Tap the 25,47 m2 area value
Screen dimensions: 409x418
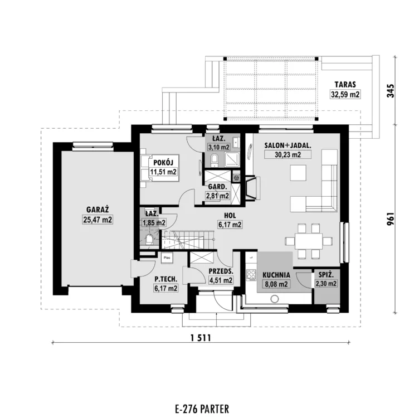click(98, 220)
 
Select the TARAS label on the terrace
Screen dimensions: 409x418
click(345, 85)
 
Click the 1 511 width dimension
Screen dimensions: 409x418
click(201, 338)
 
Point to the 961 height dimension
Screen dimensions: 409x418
click(391, 218)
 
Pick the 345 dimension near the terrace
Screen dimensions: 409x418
click(391, 91)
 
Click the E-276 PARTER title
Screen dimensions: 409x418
click(202, 409)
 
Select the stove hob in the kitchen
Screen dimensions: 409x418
click(251, 275)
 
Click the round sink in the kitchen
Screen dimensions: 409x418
click(275, 299)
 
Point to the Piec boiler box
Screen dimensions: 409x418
click(167, 258)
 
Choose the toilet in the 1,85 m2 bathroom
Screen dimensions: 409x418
click(149, 239)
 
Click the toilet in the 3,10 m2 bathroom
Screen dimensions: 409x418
click(215, 160)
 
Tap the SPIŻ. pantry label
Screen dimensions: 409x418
click(325, 274)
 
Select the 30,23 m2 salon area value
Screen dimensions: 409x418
click(288, 154)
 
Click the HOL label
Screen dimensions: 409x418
click(230, 215)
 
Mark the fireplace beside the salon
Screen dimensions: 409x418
click(252, 187)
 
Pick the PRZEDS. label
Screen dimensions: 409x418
click(221, 271)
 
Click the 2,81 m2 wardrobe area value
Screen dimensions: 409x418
click(217, 196)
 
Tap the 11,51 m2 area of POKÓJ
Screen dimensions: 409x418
click(163, 172)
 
